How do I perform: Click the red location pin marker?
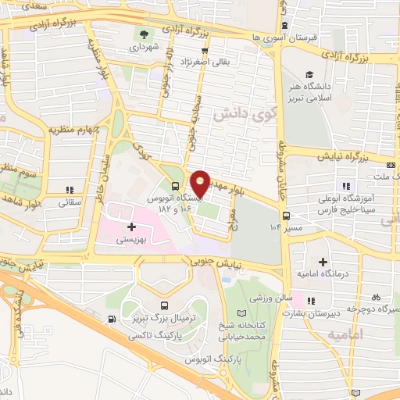(x=201, y=183)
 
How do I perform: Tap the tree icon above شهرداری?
(x=144, y=34)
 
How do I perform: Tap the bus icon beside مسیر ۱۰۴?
(x=287, y=216)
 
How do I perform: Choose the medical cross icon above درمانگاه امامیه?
(x=323, y=262)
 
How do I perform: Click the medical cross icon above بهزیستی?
(x=131, y=227)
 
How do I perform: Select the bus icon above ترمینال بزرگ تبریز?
(x=164, y=305)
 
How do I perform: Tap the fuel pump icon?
(x=114, y=319)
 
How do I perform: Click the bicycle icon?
(x=376, y=298)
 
